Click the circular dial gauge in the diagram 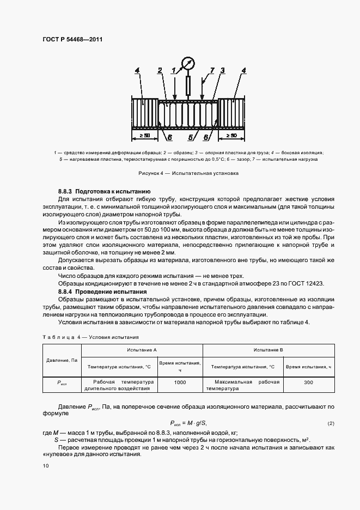click(188, 63)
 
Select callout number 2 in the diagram click(160, 70)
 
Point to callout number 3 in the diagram click(222, 70)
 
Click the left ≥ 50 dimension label click(144, 135)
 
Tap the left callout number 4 click(137, 70)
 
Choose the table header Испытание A click(142, 349)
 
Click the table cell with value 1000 click(180, 382)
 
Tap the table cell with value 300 click(308, 382)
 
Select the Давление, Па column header click(62, 360)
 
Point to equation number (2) click(331, 423)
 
